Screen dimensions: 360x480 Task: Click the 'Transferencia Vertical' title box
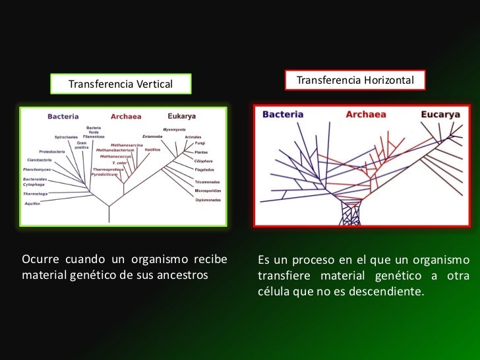tap(121, 84)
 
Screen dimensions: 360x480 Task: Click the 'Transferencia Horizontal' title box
tap(355, 80)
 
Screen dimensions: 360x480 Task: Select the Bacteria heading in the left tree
tap(63, 116)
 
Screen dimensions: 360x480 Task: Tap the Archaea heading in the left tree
tap(126, 117)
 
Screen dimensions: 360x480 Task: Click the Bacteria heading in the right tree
tap(283, 114)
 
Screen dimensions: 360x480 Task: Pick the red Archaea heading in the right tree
tap(365, 114)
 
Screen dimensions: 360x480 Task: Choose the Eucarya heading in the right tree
tap(440, 114)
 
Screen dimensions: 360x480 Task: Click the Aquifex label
tap(32, 204)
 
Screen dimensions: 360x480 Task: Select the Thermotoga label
tap(35, 194)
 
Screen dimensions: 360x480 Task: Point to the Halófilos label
tap(153, 149)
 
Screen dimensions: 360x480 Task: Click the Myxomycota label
tap(174, 129)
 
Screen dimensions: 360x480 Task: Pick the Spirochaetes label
tap(67, 136)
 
